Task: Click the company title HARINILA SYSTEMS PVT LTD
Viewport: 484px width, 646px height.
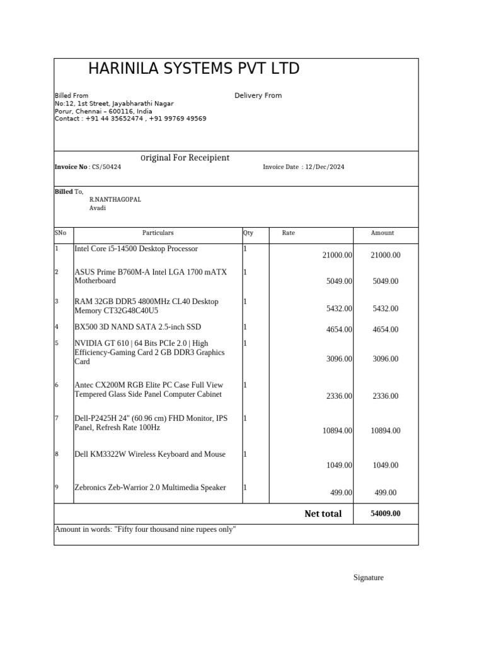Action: tap(193, 69)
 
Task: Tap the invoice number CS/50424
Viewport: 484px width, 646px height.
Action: tap(107, 167)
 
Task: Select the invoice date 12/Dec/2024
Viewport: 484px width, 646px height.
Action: tap(325, 167)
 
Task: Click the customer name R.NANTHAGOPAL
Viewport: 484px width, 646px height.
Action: tap(115, 199)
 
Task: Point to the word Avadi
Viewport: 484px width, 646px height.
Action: tap(98, 208)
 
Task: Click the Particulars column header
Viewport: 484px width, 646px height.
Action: tap(158, 233)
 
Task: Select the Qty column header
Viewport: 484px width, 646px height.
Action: tap(248, 233)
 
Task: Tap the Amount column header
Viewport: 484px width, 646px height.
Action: tap(382, 233)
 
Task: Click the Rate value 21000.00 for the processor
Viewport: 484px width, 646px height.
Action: tap(337, 255)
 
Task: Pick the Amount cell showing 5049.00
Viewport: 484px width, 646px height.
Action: tap(385, 281)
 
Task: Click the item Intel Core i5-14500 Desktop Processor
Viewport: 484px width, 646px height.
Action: tap(136, 249)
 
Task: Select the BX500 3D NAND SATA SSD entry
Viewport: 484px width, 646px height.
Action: tap(138, 327)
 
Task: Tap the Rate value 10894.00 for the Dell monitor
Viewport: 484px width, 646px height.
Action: tap(337, 431)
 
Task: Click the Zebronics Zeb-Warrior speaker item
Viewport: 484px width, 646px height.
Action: tap(150, 488)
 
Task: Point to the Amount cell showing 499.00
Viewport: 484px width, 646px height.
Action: tap(385, 493)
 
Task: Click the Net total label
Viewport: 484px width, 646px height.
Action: tap(323, 514)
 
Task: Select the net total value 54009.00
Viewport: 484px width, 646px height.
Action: tap(385, 514)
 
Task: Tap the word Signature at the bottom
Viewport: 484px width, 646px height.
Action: tap(368, 578)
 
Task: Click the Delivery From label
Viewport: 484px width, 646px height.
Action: tap(258, 96)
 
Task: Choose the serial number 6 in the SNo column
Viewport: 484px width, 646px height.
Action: tap(57, 385)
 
